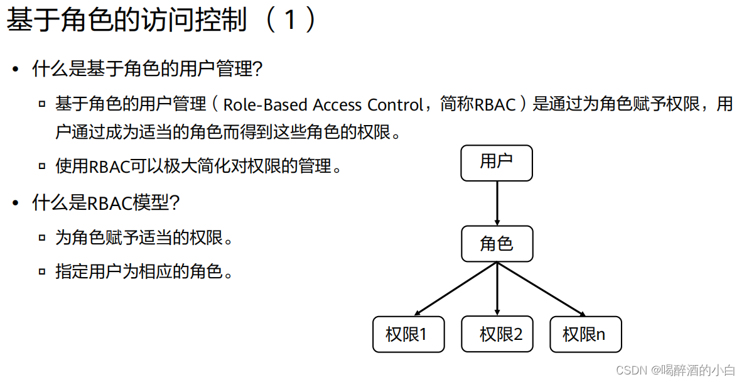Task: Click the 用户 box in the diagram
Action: [497, 163]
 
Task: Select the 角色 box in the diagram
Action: [497, 244]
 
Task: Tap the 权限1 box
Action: [408, 334]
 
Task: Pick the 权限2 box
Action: [497, 334]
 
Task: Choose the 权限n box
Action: [585, 334]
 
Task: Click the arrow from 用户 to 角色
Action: [497, 203]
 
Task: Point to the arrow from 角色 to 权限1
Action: [456, 288]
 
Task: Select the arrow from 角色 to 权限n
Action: [541, 288]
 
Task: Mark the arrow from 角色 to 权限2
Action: [497, 288]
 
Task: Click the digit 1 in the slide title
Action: [289, 21]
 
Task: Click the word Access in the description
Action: [337, 104]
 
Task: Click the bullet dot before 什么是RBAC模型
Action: [16, 203]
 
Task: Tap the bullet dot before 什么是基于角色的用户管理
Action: [16, 69]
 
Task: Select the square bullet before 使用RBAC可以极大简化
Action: [42, 167]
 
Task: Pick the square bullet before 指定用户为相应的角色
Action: [42, 272]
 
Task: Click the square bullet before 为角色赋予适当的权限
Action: [42, 238]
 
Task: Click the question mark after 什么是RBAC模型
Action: [175, 203]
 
